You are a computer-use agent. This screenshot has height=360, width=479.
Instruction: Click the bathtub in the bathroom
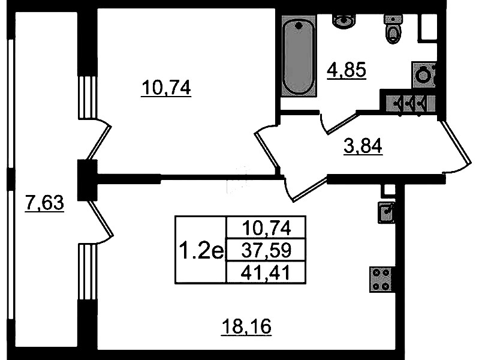(x=298, y=56)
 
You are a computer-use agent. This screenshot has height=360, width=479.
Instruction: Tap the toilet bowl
(x=393, y=29)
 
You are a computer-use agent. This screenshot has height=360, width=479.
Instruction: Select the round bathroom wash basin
(x=344, y=21)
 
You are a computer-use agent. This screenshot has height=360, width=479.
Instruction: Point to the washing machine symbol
(x=424, y=75)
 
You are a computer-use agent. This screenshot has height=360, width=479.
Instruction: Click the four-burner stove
(x=381, y=280)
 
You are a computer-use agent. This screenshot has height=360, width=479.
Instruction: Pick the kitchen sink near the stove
(x=387, y=212)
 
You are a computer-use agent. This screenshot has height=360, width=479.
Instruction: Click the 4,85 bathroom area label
(x=347, y=71)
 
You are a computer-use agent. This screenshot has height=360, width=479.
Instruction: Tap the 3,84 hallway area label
(x=363, y=146)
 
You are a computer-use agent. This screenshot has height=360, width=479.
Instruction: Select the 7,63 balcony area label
(x=44, y=203)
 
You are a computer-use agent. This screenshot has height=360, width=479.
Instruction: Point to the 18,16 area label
(x=246, y=326)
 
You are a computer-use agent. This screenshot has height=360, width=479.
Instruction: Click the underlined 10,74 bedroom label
(x=166, y=88)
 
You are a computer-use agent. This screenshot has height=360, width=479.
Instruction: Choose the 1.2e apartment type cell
(x=201, y=250)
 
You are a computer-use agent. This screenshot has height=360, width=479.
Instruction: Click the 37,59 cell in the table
(x=266, y=250)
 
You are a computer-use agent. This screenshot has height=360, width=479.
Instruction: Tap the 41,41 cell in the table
(x=266, y=273)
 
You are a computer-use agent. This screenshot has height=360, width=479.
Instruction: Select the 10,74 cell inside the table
(x=266, y=227)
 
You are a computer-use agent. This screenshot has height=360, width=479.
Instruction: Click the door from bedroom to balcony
(x=98, y=142)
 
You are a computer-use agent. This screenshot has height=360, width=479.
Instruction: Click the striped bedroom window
(x=88, y=97)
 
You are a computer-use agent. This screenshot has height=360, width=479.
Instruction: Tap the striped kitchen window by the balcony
(x=88, y=271)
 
